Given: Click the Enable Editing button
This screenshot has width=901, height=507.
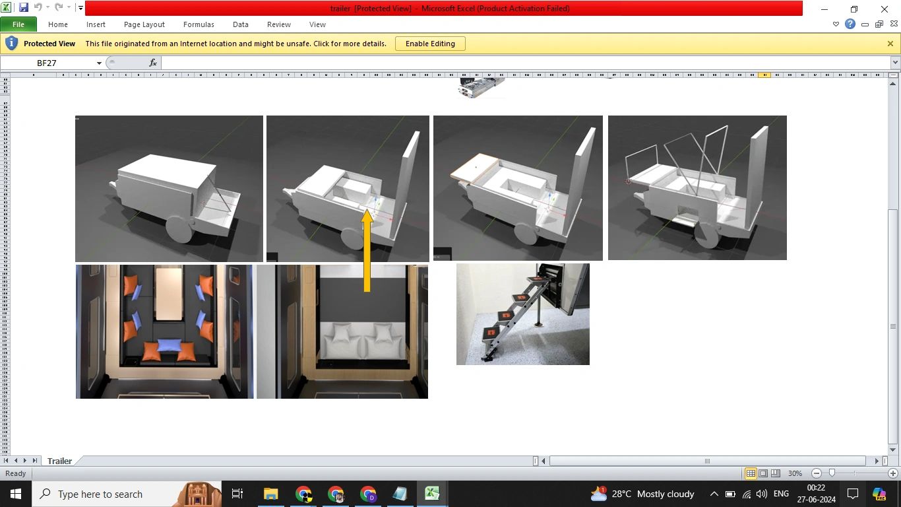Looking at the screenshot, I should click(430, 44).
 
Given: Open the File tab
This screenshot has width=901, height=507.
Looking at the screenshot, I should click(18, 24).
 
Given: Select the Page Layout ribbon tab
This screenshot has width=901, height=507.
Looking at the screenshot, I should click(144, 24).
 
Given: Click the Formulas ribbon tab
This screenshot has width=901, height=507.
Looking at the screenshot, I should click(199, 24).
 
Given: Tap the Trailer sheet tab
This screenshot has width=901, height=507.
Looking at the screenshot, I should click(59, 461).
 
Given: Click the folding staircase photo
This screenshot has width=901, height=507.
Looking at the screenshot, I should click(522, 314).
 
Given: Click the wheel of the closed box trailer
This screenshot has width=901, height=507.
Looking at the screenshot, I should click(179, 228).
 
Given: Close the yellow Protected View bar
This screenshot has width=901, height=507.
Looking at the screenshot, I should click(890, 44).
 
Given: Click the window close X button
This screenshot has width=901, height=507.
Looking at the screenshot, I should click(885, 9).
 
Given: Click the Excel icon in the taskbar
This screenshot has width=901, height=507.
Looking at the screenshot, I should click(432, 494).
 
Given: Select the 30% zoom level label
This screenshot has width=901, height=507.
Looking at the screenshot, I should click(795, 473).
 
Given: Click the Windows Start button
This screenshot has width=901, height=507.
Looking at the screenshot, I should click(15, 494).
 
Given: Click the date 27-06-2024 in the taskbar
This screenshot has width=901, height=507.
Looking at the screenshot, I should click(816, 499).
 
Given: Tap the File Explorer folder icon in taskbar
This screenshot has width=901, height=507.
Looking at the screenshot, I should click(270, 494).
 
